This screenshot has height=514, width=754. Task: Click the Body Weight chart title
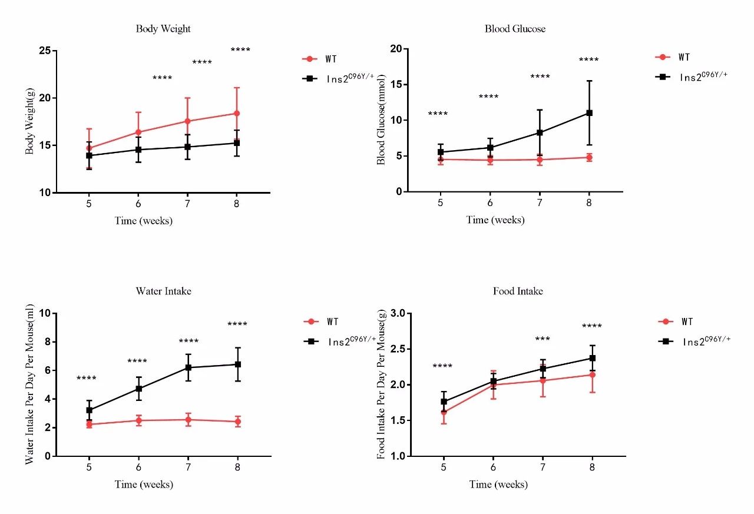[x=163, y=29]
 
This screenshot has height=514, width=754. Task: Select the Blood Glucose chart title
[x=515, y=29]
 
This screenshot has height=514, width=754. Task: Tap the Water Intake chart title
[x=163, y=291]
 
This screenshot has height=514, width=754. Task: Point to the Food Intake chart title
[x=518, y=291]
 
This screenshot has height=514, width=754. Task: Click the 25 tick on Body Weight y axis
[x=44, y=51]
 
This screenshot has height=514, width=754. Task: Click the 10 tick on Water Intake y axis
[x=45, y=313]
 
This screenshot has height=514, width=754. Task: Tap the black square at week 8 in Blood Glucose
[x=589, y=112]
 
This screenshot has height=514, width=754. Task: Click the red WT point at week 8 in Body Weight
[x=237, y=113]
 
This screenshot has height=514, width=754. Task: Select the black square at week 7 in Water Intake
[x=188, y=367]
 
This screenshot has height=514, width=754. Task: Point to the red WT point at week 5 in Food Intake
[x=444, y=412]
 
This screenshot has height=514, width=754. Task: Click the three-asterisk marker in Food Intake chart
[x=543, y=339]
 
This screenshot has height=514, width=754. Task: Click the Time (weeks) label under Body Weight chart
[x=144, y=221]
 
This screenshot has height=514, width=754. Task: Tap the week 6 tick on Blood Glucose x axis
[x=490, y=202]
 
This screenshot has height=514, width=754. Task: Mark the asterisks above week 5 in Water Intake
[x=87, y=379]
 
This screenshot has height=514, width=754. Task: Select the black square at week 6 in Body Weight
[x=138, y=150]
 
